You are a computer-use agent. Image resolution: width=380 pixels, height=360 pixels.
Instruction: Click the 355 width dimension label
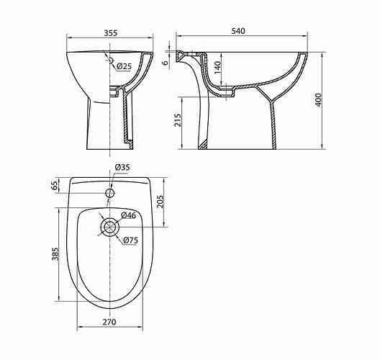[x=111, y=33]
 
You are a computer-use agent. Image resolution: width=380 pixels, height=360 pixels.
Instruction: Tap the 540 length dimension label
[x=238, y=31]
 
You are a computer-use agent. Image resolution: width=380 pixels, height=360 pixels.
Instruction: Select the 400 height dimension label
[x=318, y=99]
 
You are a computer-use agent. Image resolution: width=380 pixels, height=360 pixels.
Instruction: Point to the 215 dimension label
[x=178, y=120]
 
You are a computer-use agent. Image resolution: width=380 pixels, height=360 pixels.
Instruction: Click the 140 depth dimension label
[x=218, y=68]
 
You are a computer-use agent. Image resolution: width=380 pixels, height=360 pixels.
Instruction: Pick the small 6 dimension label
[x=166, y=63]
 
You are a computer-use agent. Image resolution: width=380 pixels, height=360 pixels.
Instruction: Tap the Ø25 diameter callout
[x=124, y=66]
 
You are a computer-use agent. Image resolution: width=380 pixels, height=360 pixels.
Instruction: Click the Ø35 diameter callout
[x=122, y=167]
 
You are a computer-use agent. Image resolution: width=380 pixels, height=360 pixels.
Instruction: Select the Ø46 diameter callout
[x=129, y=215]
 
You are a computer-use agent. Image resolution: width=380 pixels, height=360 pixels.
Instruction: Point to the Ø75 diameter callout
[x=130, y=240]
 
